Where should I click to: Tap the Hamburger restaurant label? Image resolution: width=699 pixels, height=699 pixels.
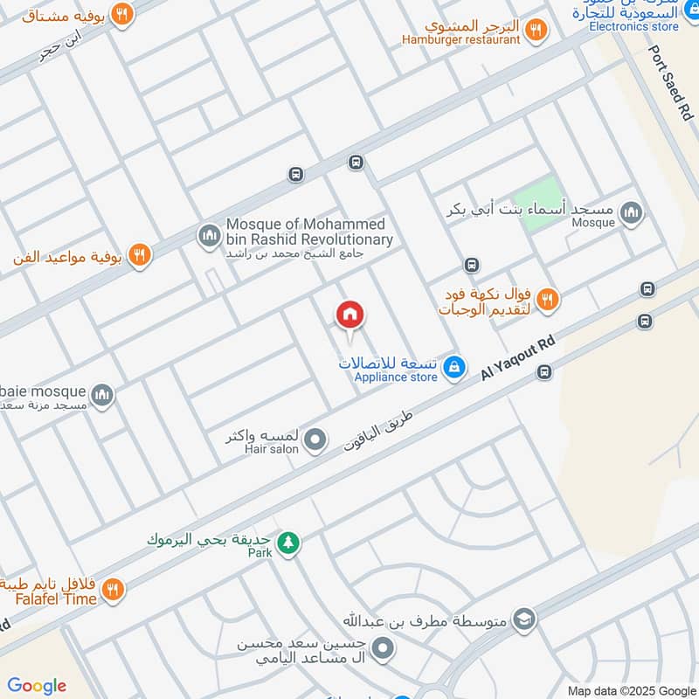(x=460, y=39)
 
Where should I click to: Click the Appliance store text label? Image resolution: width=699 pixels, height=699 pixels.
(x=395, y=377)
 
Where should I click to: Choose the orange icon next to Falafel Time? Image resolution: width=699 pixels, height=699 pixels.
(x=112, y=592)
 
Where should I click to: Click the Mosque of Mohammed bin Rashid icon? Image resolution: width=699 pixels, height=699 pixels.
(x=208, y=235)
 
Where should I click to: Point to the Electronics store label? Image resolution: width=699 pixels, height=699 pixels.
(x=633, y=26)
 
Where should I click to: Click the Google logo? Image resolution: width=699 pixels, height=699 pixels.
(x=37, y=686)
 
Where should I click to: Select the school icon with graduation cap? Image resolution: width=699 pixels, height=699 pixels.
(x=523, y=619)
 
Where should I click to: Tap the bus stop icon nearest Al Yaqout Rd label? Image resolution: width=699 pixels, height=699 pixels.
(x=544, y=372)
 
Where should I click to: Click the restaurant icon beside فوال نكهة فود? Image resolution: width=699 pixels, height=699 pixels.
(x=547, y=300)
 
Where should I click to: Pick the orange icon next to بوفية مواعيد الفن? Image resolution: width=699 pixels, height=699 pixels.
(x=138, y=256)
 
